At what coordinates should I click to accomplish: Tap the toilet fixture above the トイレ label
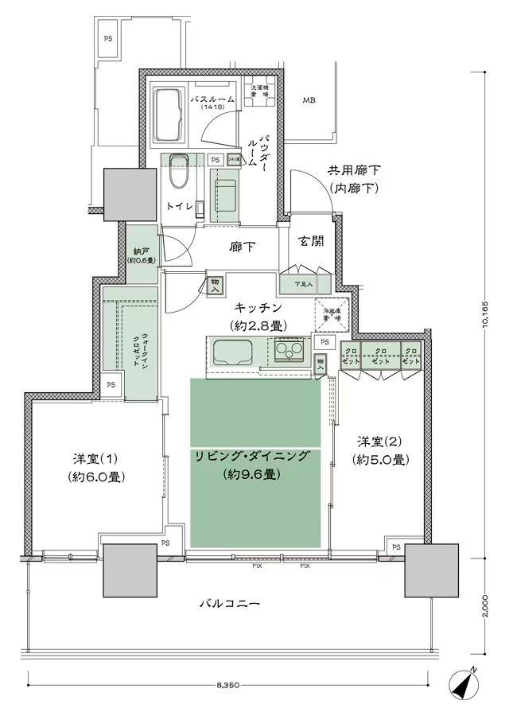click(177, 168)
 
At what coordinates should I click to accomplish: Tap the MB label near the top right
click(308, 100)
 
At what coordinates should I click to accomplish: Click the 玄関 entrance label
click(311, 242)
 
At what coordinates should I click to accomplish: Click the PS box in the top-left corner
click(107, 38)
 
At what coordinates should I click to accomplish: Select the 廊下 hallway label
click(243, 247)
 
